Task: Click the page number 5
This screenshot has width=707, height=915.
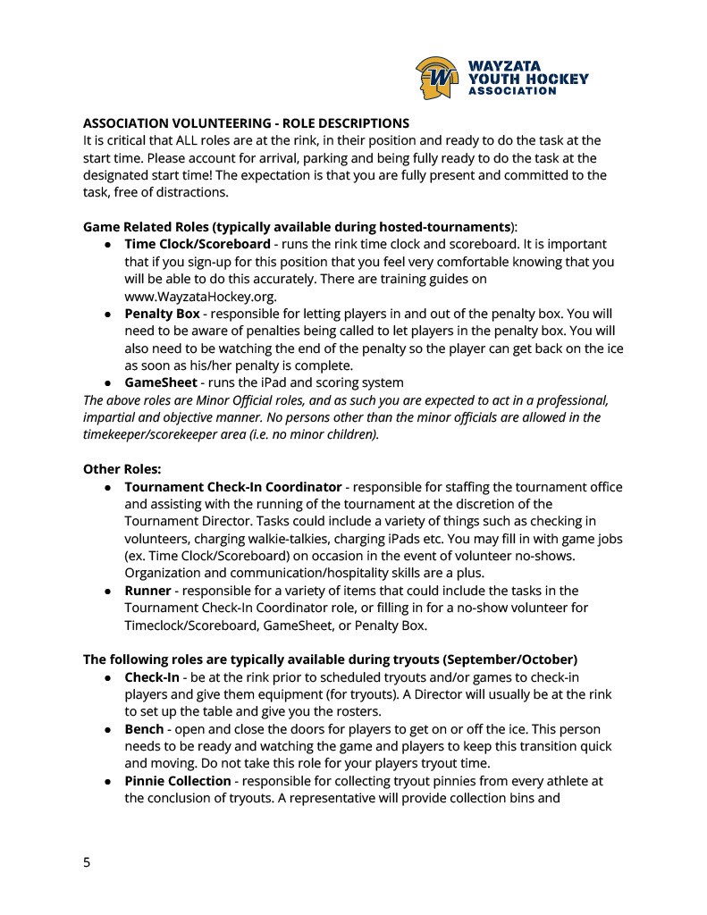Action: point(87,862)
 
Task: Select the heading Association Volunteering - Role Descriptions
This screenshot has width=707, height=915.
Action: point(246,123)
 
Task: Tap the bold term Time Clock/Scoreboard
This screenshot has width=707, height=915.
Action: point(197,244)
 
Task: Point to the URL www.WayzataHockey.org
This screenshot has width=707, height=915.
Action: point(200,296)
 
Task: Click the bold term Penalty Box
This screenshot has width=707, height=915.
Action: point(162,314)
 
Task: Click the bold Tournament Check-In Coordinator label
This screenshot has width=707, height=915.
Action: point(232,487)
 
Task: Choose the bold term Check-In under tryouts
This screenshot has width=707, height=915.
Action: point(152,677)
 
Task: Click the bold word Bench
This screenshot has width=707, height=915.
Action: point(144,729)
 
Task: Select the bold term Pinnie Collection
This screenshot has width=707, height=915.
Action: point(178,781)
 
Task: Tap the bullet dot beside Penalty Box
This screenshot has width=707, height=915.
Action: point(106,315)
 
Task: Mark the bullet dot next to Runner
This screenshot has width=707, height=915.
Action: point(106,592)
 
